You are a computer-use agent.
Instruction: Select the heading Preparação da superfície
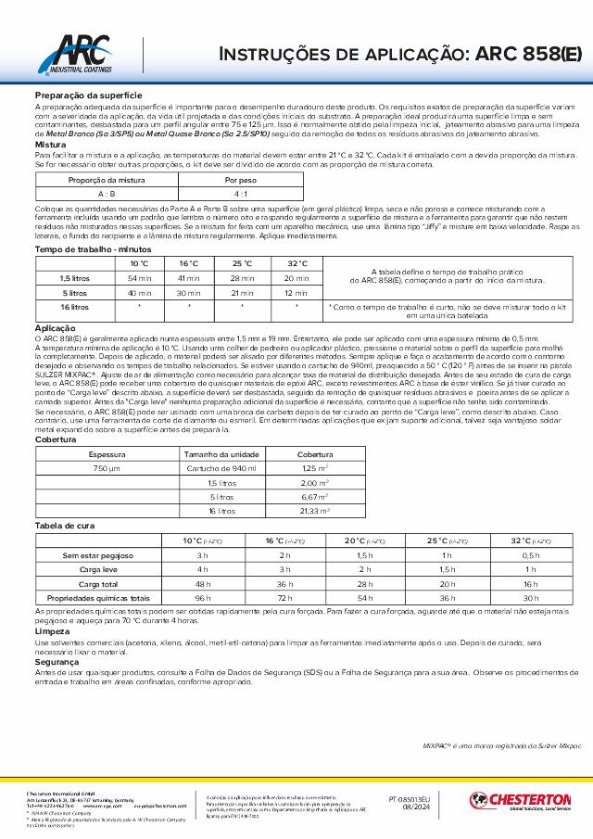tap(88, 96)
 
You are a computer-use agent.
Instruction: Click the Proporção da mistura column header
tap(107, 181)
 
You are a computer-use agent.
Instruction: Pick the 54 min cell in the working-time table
tap(140, 278)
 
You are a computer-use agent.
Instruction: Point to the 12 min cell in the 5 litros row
tap(296, 292)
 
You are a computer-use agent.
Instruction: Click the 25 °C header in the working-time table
tap(243, 264)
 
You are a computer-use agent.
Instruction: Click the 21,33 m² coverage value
tap(315, 510)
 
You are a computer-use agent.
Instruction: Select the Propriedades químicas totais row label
tap(92, 598)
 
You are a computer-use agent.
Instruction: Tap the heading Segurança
tap(57, 663)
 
